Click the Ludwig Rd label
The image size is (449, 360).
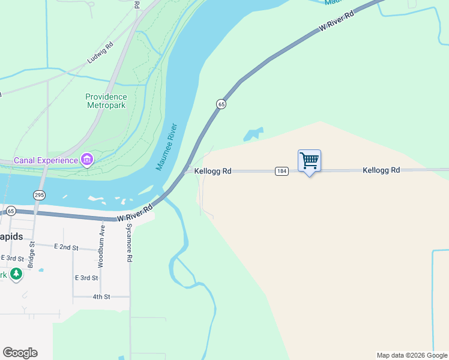100,53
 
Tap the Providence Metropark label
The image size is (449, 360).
106,101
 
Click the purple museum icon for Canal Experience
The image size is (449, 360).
88,160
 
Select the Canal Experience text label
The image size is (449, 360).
46,160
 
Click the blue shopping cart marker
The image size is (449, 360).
309,161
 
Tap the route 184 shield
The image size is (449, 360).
281,171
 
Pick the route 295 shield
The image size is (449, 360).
39,195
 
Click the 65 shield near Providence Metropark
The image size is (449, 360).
221,104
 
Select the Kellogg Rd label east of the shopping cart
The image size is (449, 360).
381,170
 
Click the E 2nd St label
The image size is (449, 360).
66,247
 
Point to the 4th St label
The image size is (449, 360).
101,296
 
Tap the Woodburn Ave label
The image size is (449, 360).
101,245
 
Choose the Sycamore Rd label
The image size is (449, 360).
128,243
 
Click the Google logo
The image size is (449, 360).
20,353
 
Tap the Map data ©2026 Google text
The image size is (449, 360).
411,355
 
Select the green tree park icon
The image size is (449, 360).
16,275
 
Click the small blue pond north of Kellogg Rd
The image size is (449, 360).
253,134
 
